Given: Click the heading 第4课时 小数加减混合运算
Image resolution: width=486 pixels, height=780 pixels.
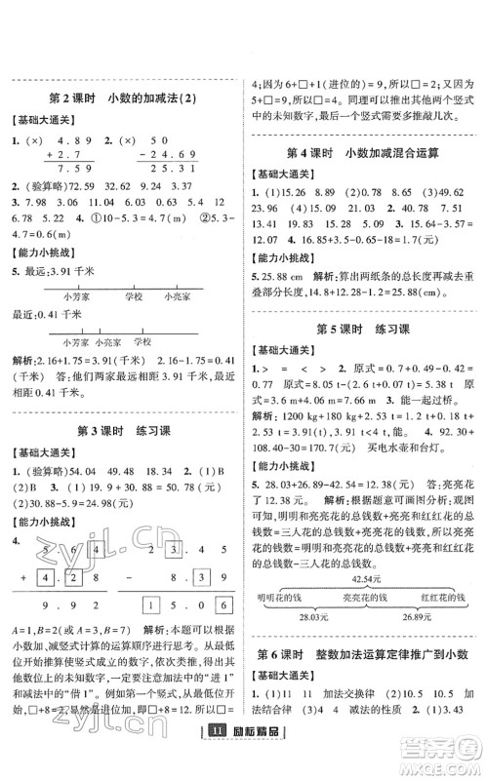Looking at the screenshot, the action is tap(364, 154).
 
